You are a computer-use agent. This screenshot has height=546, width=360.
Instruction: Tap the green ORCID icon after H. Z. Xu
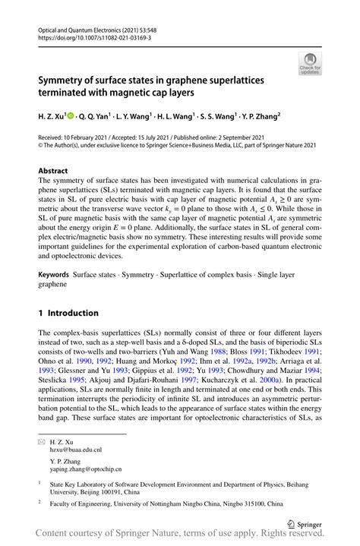coord(71,117)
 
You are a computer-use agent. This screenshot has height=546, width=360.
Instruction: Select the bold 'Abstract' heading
coord(54,171)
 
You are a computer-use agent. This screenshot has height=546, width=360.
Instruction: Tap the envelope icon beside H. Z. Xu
coord(42,440)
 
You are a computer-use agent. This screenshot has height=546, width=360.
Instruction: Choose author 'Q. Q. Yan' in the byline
coord(93,117)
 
